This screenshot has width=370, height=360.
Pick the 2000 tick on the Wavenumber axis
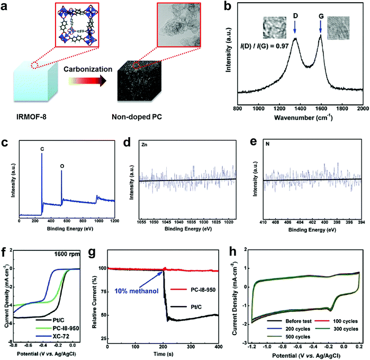tap(362, 107)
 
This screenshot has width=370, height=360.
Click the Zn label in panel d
tap(145, 143)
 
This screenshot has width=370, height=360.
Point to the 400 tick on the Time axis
tap(218, 346)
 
